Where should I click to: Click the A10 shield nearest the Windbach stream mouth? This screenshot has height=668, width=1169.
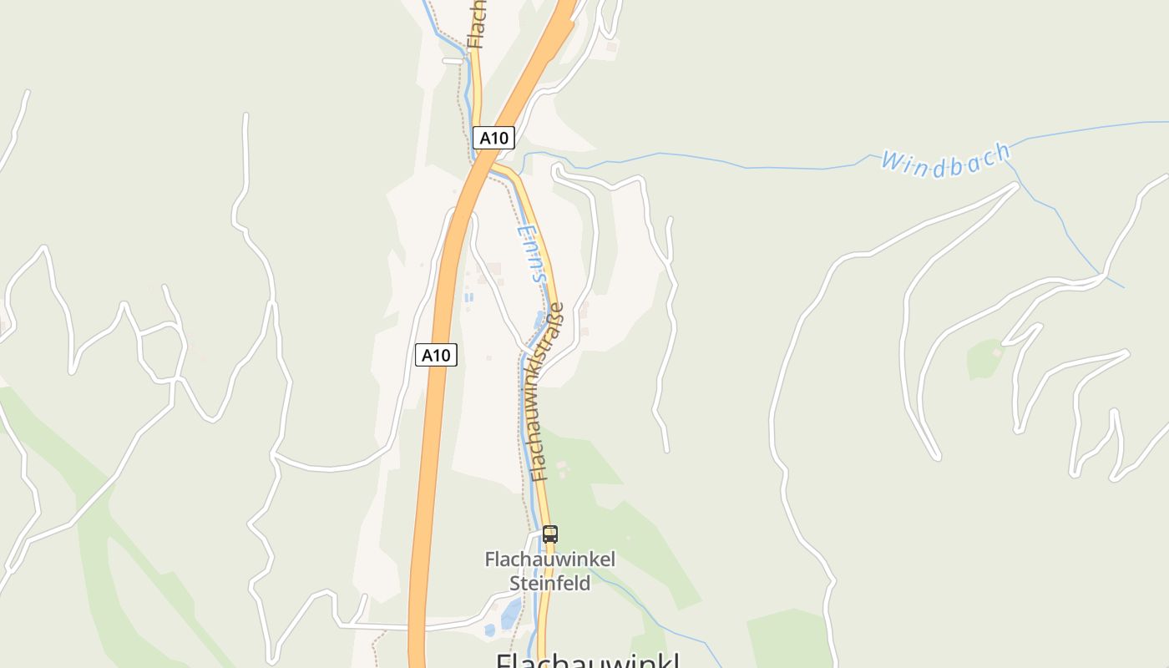[x=493, y=138]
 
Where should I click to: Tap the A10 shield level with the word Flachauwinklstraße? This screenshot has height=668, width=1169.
[x=436, y=355]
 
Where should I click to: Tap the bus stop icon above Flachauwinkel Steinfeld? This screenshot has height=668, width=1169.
[x=549, y=534]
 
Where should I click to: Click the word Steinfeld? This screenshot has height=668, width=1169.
[x=549, y=583]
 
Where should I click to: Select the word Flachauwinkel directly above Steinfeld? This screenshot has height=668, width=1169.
[x=549, y=559]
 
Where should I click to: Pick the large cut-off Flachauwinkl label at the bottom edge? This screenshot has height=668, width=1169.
[x=587, y=660]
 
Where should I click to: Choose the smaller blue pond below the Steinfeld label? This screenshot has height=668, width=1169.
[x=489, y=630]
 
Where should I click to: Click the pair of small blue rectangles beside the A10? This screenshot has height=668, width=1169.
[x=468, y=296]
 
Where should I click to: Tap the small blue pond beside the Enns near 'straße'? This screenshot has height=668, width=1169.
[x=539, y=319]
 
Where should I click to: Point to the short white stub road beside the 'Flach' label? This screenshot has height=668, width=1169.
[x=453, y=60]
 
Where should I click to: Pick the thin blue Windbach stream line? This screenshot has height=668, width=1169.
[x=751, y=166]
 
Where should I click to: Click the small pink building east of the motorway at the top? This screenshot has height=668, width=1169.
[x=612, y=47]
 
